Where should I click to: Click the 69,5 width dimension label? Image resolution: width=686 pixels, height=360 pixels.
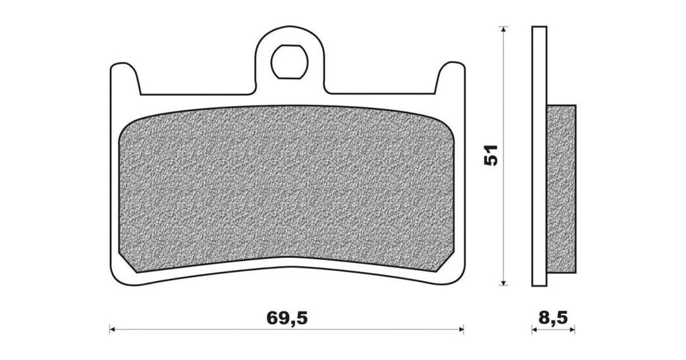(287, 318)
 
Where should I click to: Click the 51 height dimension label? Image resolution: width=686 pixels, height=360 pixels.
(490, 155)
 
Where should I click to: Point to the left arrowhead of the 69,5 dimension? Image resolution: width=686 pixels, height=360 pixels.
(112, 328)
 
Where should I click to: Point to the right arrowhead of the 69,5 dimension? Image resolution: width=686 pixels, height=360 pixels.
(460, 328)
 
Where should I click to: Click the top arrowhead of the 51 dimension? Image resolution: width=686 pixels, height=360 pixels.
(504, 29)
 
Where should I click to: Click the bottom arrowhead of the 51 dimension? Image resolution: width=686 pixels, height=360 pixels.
(504, 282)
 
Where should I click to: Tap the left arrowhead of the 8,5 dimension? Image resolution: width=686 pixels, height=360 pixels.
(534, 329)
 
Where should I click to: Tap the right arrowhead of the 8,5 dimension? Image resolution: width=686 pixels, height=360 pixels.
(572, 329)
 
